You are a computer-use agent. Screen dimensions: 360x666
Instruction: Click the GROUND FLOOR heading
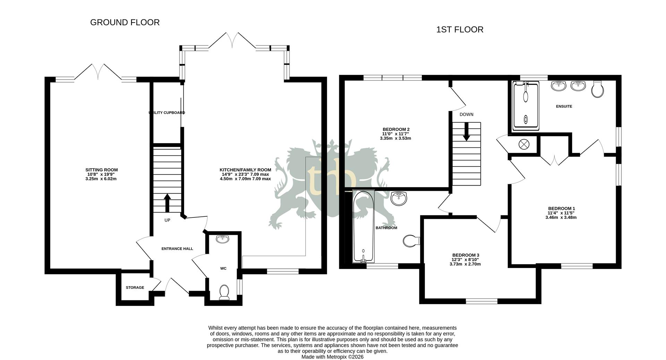point(125,23)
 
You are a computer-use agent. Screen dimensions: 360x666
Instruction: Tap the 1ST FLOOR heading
point(460,30)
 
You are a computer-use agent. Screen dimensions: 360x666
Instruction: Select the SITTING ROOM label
point(102,170)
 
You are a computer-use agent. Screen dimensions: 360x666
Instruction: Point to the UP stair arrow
point(167,203)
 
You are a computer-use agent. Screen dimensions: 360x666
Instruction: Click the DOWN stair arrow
point(467,132)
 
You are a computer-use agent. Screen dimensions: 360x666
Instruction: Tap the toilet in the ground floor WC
point(224,292)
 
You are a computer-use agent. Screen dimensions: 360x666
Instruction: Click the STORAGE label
point(135,288)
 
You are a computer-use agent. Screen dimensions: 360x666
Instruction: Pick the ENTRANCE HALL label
point(177,249)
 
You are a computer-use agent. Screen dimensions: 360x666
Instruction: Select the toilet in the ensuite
point(598,89)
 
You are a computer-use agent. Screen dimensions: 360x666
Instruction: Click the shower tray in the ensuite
point(526,106)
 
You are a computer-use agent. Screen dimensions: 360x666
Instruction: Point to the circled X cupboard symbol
point(524,144)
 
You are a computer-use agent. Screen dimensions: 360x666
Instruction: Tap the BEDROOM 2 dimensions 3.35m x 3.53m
point(395,138)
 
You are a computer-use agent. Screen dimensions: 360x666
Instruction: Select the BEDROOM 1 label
point(561,208)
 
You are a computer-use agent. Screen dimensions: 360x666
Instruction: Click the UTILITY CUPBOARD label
point(167,113)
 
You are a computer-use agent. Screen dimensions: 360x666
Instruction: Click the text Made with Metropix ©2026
point(332,357)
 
